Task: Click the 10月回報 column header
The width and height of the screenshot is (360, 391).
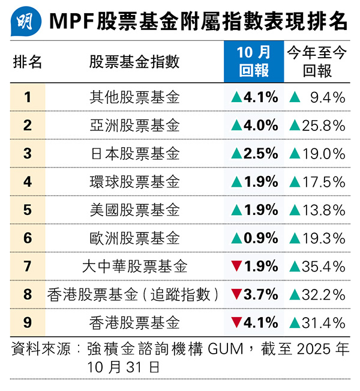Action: click(x=254, y=62)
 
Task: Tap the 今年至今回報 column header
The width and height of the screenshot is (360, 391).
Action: click(x=317, y=62)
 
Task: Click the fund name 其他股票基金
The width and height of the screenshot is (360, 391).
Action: click(x=134, y=97)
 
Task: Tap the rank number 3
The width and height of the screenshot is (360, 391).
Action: click(x=28, y=154)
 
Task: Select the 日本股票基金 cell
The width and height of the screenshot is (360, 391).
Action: click(x=134, y=154)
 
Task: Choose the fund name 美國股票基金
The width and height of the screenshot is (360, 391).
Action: click(x=134, y=210)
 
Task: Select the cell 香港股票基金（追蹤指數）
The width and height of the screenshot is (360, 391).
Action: click(x=134, y=295)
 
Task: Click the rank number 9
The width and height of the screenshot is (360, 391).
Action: click(x=28, y=323)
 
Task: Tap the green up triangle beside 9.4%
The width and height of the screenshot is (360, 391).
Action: click(x=294, y=97)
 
